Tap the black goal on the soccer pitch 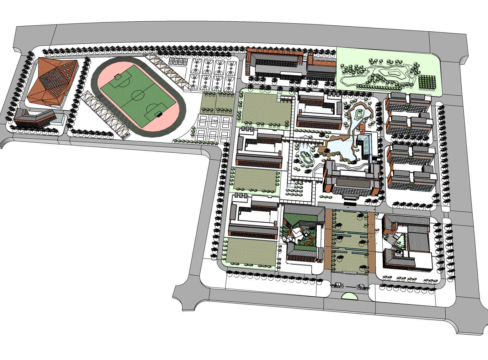click(160, 114)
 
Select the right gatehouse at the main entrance click(361, 286)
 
